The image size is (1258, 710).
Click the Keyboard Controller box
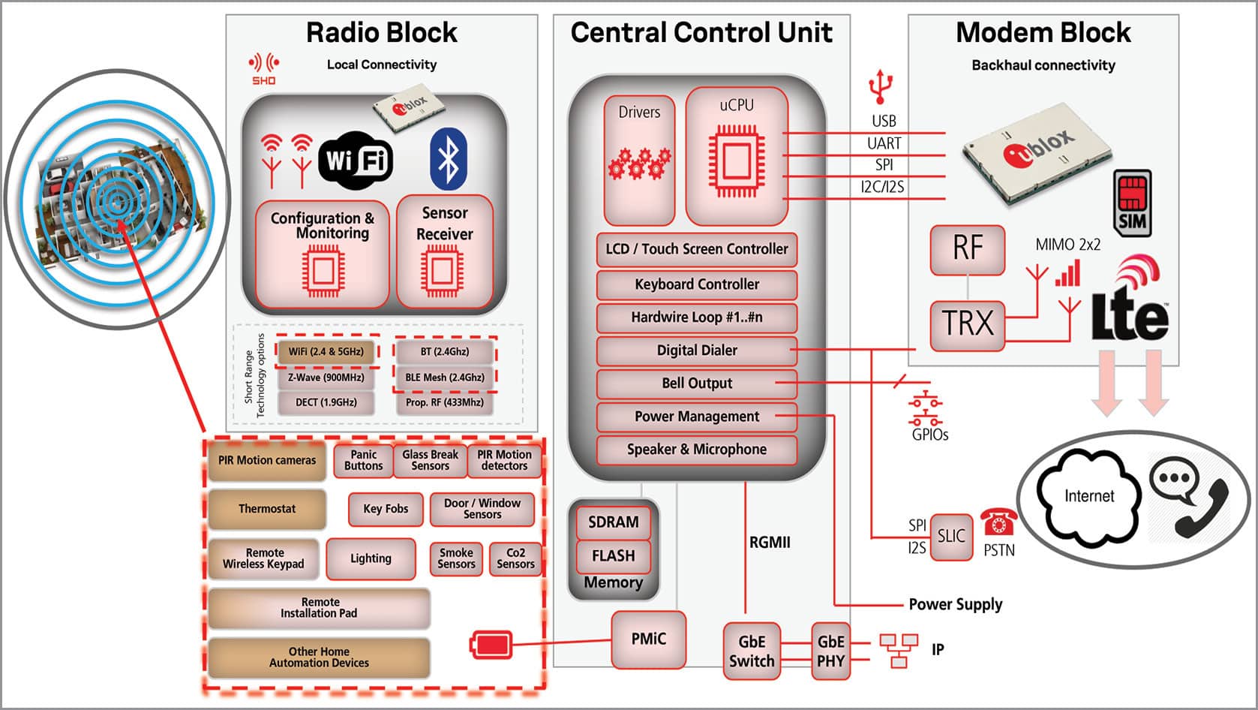click(696, 284)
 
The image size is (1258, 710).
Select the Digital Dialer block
click(696, 350)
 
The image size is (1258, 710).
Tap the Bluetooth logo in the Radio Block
click(448, 159)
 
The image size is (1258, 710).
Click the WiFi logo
click(356, 161)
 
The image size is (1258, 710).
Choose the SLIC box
click(951, 536)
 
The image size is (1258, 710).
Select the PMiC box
click(648, 639)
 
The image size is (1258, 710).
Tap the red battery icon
click(491, 645)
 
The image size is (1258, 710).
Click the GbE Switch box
click(752, 651)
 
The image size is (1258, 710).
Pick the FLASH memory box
click(613, 556)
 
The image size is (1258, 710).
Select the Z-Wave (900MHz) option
click(326, 378)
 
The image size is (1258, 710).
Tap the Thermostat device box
click(267, 509)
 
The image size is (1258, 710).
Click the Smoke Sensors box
click(456, 558)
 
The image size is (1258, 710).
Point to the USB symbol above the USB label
click(881, 86)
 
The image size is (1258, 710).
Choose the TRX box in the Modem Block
click(967, 324)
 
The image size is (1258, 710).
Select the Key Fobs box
click(386, 509)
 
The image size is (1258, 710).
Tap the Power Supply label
click(955, 604)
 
